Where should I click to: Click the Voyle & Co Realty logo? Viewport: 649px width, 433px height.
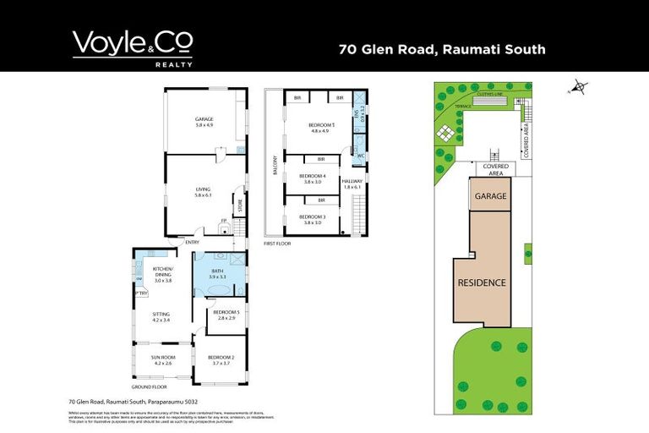pyautogui.click(x=133, y=47)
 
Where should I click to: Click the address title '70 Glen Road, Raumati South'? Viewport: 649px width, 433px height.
pyautogui.click(x=442, y=49)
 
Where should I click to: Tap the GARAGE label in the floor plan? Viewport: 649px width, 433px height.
pyautogui.click(x=204, y=120)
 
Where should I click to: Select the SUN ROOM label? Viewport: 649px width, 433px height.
pyautogui.click(x=161, y=359)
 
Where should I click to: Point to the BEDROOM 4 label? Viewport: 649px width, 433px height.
pyautogui.click(x=312, y=177)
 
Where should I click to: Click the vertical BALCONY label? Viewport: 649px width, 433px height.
pyautogui.click(x=275, y=166)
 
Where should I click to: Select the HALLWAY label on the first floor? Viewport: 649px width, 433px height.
pyautogui.click(x=352, y=183)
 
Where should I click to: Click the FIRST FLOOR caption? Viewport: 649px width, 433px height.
pyautogui.click(x=276, y=242)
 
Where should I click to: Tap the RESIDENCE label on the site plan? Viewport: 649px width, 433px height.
pyautogui.click(x=482, y=282)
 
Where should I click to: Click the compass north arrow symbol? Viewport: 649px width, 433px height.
pyautogui.click(x=578, y=86)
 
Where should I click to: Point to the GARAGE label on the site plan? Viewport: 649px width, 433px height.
pyautogui.click(x=490, y=196)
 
